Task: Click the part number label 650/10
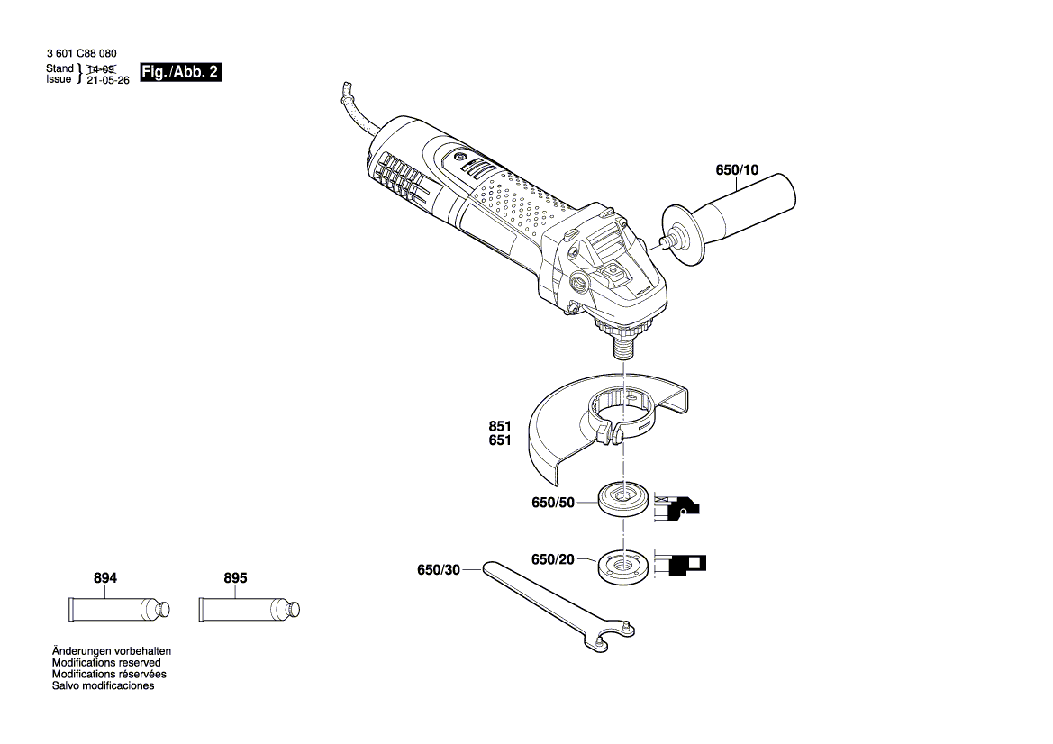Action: point(737,169)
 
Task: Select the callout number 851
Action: point(499,426)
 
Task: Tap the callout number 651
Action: point(499,440)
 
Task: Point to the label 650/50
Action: point(552,503)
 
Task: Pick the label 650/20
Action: point(552,559)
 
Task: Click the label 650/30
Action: point(438,569)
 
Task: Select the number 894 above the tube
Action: point(105,578)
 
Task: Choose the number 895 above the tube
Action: point(234,578)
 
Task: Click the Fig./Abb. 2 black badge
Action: point(180,73)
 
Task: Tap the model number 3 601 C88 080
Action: point(81,54)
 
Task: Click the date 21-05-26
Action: point(107,79)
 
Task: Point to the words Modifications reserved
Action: point(106,662)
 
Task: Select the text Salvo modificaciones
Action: point(103,685)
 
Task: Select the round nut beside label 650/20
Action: point(621,565)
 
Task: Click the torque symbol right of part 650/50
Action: point(678,508)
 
